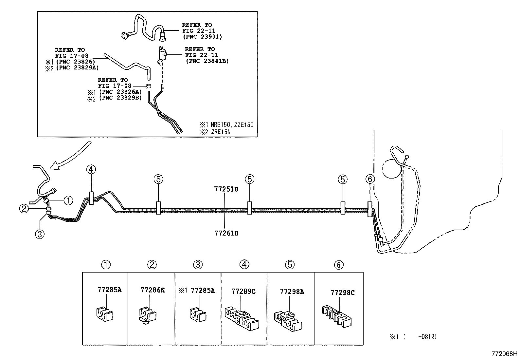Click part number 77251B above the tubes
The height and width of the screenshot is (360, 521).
pyautogui.click(x=226, y=189)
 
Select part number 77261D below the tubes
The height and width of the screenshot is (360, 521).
pyautogui.click(x=226, y=233)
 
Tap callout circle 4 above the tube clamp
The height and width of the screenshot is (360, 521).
pyautogui.click(x=91, y=169)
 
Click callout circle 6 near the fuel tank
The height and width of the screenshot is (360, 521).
pyautogui.click(x=370, y=179)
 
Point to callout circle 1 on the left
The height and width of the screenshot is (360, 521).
pyautogui.click(x=68, y=200)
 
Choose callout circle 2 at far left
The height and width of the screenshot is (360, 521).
pyautogui.click(x=24, y=208)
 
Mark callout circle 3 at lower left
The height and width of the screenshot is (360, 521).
pyautogui.click(x=40, y=235)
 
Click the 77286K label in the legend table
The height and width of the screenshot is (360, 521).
pyautogui.click(x=152, y=290)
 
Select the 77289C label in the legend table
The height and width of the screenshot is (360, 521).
pyautogui.click(x=243, y=291)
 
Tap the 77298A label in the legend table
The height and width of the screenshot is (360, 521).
pyautogui.click(x=292, y=292)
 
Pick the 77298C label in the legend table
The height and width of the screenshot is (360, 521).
pyautogui.click(x=342, y=293)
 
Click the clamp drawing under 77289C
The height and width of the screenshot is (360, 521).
pyautogui.click(x=242, y=317)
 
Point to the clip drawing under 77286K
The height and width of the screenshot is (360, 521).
pyautogui.click(x=146, y=315)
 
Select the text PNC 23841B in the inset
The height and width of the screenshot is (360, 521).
pyautogui.click(x=207, y=61)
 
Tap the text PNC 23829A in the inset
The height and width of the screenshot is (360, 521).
pyautogui.click(x=77, y=67)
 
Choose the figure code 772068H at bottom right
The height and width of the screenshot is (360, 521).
pyautogui.click(x=504, y=354)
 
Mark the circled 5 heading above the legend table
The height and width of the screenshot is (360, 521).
pyautogui.click(x=290, y=265)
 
